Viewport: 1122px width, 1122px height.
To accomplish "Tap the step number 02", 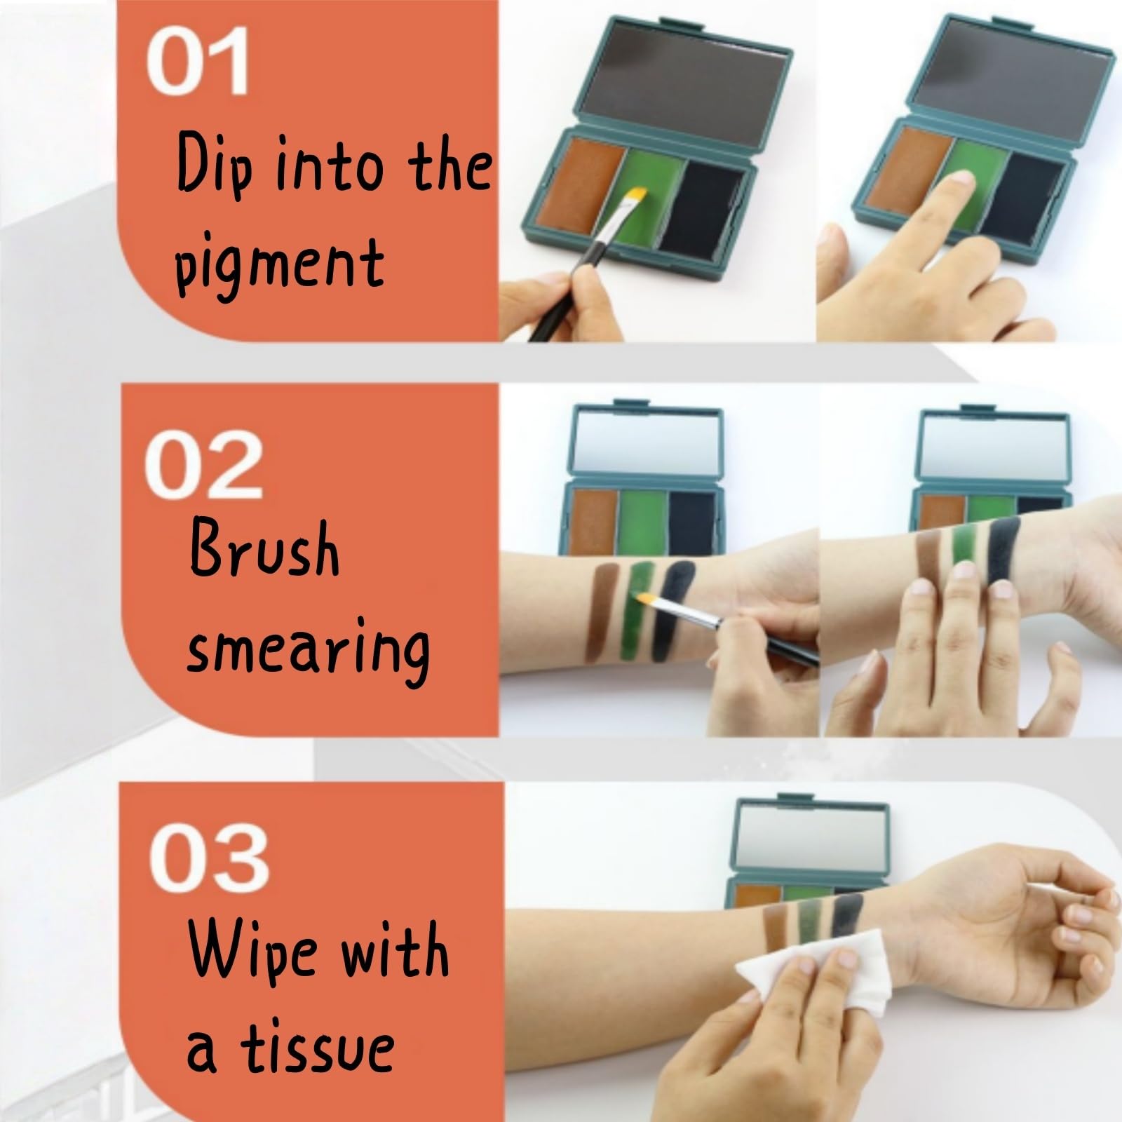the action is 203,465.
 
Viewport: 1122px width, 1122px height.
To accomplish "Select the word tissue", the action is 316,1050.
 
